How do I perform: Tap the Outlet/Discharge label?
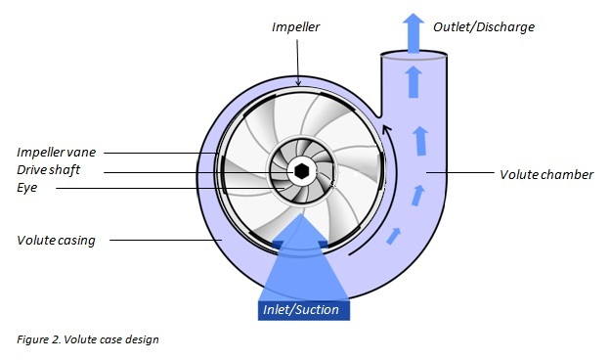pyautogui.click(x=485, y=26)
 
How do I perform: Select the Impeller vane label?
pyautogui.click(x=56, y=153)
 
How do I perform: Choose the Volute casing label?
pyautogui.click(x=56, y=240)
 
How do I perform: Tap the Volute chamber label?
pyautogui.click(x=546, y=175)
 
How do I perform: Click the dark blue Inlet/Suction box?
pyautogui.click(x=300, y=310)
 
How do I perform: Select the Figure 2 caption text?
pyautogui.click(x=87, y=339)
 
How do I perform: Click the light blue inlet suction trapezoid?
pyautogui.click(x=300, y=269)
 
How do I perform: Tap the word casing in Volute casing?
pyautogui.click(x=76, y=240)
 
